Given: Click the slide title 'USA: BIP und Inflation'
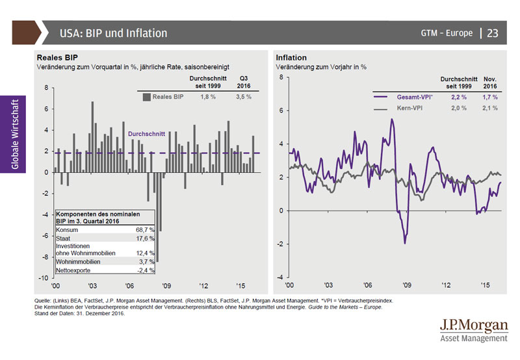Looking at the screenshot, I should [x=113, y=33].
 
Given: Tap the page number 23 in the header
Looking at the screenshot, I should [x=493, y=33].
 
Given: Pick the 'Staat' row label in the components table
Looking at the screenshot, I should [x=64, y=238].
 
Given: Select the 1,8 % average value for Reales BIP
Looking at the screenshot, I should [x=207, y=96].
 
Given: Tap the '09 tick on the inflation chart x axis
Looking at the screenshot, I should [x=407, y=285].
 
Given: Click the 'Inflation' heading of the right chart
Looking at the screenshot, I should [x=291, y=58].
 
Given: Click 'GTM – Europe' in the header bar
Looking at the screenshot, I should [x=447, y=33].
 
